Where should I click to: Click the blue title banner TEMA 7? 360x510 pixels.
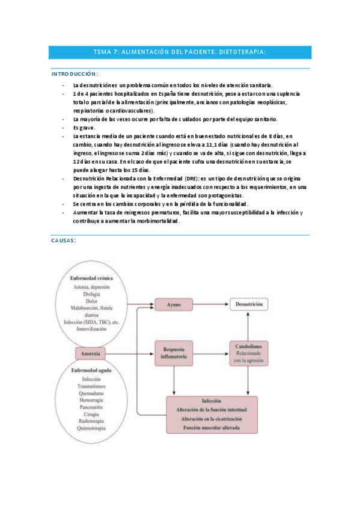point(180,52)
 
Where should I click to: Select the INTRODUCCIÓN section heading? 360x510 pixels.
point(74,73)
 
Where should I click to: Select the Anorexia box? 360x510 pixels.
point(94,352)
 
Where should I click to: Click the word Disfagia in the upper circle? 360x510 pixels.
point(91,295)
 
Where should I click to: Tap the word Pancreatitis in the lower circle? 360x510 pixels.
point(91,407)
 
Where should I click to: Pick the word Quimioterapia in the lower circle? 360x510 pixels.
point(91,428)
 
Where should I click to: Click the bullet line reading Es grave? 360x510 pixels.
point(83,128)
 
